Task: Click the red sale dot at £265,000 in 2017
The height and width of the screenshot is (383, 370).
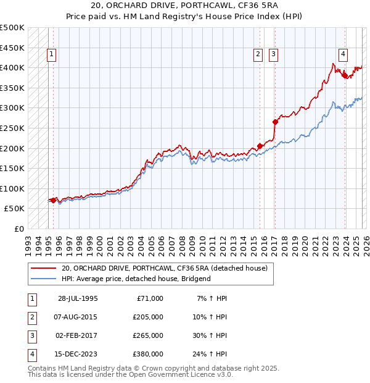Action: coord(275,122)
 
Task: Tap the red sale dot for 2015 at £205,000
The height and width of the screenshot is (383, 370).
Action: coord(260,146)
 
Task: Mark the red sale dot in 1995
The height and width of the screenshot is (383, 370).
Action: coord(54,200)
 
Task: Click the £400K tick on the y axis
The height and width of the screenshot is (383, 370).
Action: coord(12,67)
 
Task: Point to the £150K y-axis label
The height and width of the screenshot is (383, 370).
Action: coord(12,168)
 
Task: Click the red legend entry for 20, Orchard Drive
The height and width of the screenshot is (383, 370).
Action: coord(164,268)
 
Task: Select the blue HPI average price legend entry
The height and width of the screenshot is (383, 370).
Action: coord(136,279)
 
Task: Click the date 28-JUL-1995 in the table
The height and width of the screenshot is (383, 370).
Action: coord(78,298)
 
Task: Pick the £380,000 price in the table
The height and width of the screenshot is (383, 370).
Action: coord(149,354)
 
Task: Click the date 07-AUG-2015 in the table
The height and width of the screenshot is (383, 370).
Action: coord(78,317)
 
